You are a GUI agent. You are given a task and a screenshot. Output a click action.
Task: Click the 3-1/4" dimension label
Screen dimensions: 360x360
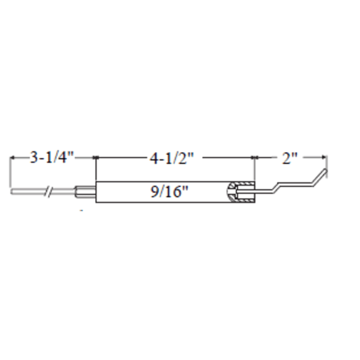51,157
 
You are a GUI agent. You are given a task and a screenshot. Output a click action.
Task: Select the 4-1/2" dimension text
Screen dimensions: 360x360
172,158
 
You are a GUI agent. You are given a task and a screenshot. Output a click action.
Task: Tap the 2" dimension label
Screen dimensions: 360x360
290,158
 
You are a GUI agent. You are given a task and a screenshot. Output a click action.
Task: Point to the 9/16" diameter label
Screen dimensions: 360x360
170,192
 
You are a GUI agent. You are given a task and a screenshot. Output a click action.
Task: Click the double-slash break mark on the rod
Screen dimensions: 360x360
49,191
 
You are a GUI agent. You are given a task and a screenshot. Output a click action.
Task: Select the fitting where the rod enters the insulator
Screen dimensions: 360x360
85,192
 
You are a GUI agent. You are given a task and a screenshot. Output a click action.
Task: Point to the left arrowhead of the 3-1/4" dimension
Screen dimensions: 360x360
12,157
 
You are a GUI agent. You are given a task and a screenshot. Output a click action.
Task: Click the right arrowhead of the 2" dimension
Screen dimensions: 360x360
324,157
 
